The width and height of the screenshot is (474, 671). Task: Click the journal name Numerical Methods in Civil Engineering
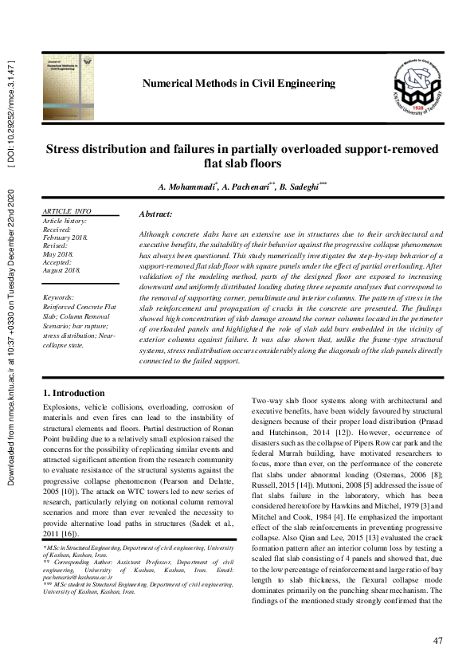(x=238, y=84)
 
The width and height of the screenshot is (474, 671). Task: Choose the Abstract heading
(x=155, y=214)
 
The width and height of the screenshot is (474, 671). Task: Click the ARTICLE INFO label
(x=68, y=211)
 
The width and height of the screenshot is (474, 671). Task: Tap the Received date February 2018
(x=66, y=237)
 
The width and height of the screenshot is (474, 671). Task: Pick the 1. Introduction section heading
(x=73, y=393)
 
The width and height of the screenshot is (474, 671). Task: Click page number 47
(x=437, y=642)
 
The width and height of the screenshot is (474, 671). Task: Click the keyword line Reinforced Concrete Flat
(x=80, y=306)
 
